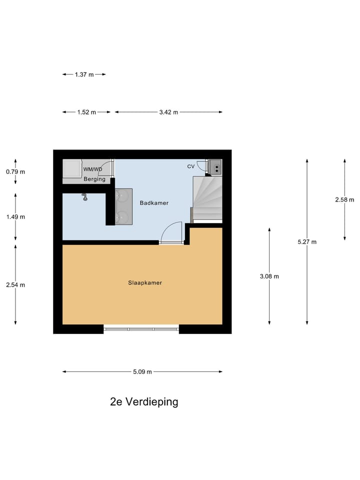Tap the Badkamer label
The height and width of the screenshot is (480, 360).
(154, 203)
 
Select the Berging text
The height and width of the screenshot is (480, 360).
(94, 179)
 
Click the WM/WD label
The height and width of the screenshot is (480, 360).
(92, 169)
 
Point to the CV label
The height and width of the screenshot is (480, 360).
(190, 166)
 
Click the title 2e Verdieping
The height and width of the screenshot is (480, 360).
(144, 401)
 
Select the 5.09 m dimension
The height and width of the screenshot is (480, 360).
(142, 371)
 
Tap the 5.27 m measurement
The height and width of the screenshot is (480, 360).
(307, 242)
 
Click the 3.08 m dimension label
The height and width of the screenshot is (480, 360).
(269, 276)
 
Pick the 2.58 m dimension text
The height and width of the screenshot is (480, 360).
(344, 199)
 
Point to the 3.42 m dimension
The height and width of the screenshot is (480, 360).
(168, 112)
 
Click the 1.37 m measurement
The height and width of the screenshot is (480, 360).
(84, 74)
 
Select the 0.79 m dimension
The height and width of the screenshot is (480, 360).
(15, 171)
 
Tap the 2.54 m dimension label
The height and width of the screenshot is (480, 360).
(15, 285)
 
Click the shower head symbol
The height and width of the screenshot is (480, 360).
(85, 198)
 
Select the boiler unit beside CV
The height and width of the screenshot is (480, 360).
(215, 166)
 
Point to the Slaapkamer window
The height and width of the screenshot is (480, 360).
(141, 329)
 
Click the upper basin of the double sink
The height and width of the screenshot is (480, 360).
(121, 197)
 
